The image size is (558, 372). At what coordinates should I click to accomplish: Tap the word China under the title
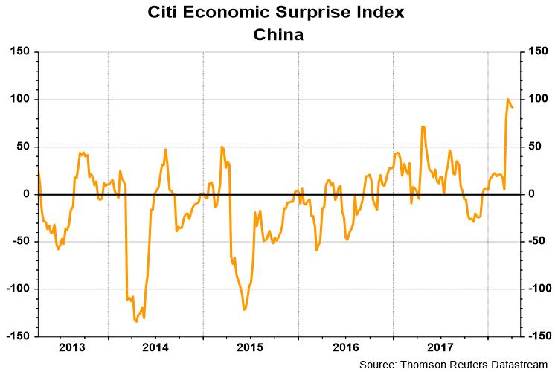point(278,34)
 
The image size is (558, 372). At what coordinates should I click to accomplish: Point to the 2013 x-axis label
point(73,347)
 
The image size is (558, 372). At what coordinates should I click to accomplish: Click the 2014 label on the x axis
point(155,347)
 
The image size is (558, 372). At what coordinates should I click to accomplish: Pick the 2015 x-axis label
point(250,347)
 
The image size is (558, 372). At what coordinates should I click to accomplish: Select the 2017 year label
point(440,347)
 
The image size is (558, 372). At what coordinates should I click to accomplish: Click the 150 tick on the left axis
point(19,52)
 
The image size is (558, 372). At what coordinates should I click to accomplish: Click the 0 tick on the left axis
point(25,194)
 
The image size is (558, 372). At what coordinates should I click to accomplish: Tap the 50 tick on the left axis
point(22,147)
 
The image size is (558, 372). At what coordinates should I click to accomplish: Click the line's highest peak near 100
point(508,99)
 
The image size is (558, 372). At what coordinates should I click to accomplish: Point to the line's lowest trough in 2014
point(135,321)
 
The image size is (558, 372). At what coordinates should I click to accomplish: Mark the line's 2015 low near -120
point(244,310)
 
